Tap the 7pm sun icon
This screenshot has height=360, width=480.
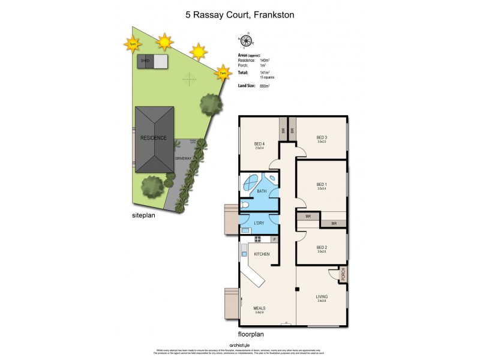pos(131,44)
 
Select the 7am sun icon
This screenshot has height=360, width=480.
pos(223,73)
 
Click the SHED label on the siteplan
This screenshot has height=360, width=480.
pos(145,61)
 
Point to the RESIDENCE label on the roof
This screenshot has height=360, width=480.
pos(154,137)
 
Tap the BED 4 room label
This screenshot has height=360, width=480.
pos(260,144)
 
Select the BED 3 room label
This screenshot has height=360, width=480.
pos(322,138)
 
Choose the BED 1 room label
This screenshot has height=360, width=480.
pos(322,184)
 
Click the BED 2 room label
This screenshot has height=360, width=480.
pos(322,247)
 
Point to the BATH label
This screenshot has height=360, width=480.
pos(262,191)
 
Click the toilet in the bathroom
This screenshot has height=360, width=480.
pos(245,205)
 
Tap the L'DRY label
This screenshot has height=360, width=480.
pos(259,223)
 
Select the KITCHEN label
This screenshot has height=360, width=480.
pos(262,254)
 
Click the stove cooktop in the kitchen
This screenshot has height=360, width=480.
pos(258,238)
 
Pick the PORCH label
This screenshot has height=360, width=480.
pos(343,277)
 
